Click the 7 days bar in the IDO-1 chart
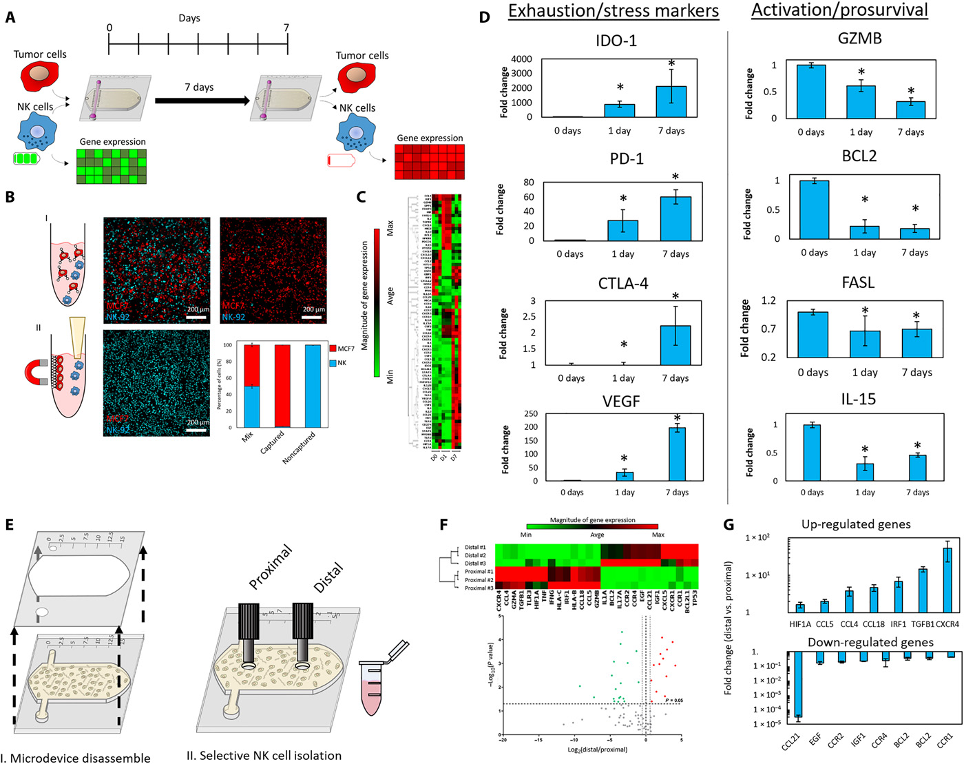671,101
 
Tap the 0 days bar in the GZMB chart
811,91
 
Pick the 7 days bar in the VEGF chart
677,454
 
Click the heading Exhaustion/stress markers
614,11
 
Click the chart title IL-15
858,399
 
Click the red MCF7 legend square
333,349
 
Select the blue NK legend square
333,363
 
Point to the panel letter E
9,524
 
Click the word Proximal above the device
271,566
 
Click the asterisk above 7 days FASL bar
916,316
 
